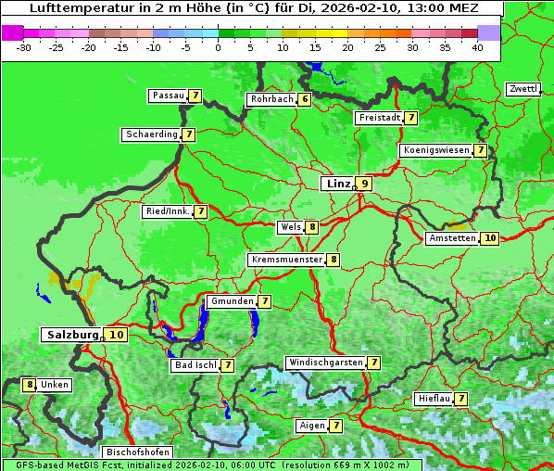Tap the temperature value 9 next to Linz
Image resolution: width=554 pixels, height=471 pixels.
[365, 184]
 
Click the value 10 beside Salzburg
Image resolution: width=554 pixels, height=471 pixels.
[116, 335]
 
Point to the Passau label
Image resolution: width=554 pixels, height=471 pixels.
[168, 95]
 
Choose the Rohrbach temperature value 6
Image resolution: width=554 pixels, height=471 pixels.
[304, 99]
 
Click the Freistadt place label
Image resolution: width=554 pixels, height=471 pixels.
[379, 118]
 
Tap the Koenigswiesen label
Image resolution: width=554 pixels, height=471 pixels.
[435, 150]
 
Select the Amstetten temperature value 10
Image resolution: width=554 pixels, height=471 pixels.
[490, 238]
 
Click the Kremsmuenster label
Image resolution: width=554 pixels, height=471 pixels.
[285, 260]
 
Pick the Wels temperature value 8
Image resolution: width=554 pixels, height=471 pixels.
[313, 227]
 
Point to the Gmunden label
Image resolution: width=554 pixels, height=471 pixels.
[231, 301]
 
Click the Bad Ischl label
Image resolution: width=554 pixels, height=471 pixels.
[195, 365]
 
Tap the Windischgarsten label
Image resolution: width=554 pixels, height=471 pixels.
[324, 363]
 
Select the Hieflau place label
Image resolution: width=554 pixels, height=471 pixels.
[434, 399]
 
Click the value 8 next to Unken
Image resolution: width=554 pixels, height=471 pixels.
[30, 385]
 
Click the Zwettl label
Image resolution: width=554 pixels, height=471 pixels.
[523, 89]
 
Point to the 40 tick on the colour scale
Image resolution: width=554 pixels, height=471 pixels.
[477, 47]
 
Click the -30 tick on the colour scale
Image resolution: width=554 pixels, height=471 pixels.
[24, 47]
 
